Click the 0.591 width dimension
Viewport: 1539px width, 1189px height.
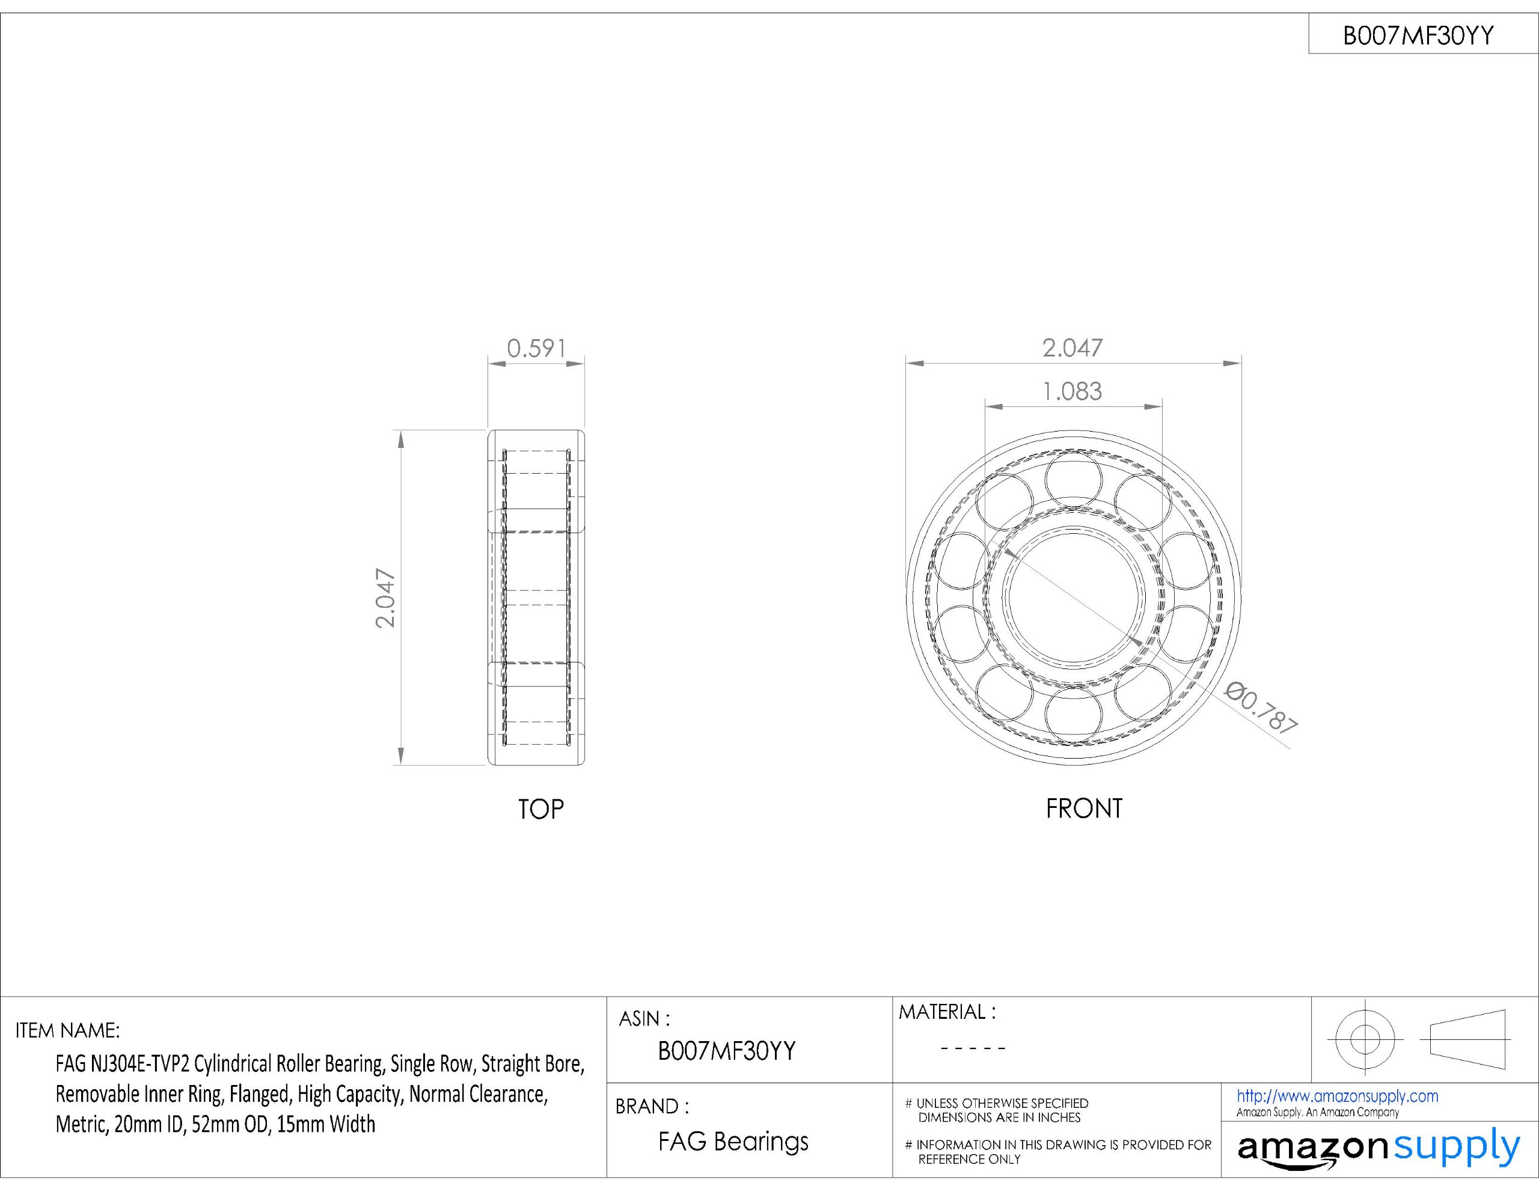coord(536,348)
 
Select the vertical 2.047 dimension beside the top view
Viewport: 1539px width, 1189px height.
coord(385,598)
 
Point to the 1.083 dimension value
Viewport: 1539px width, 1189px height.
coord(1072,391)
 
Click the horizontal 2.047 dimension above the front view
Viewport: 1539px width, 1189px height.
coord(1072,347)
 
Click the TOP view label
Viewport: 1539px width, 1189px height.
coord(540,809)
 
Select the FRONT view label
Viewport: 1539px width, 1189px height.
coord(1084,808)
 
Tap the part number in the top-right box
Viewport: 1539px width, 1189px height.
coord(1418,35)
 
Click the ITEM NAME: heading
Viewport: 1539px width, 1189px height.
coord(68,1030)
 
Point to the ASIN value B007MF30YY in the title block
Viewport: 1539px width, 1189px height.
coord(726,1051)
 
